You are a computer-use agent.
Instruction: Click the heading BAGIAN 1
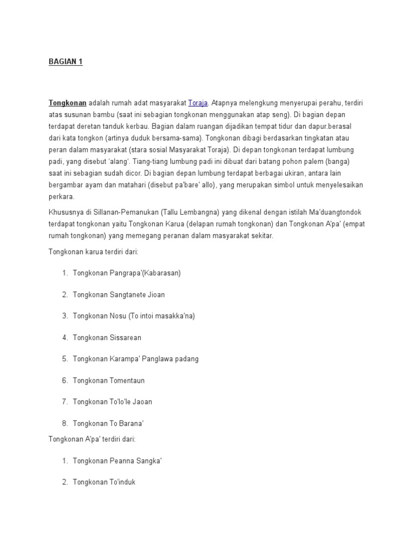65,62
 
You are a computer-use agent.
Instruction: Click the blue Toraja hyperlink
198,102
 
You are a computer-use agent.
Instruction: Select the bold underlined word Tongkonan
67,102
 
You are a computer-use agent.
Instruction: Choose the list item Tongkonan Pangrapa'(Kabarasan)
127,273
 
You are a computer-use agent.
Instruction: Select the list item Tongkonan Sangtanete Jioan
119,294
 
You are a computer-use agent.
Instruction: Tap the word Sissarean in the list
125,337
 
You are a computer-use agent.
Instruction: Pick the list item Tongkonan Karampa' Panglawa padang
135,358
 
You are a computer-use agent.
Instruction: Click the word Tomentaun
127,380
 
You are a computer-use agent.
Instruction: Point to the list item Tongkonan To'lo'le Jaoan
112,402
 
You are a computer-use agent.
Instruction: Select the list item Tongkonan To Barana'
108,423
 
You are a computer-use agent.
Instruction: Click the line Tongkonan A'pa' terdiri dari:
92,439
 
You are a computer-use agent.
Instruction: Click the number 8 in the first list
65,423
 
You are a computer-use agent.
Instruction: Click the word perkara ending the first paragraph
63,197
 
